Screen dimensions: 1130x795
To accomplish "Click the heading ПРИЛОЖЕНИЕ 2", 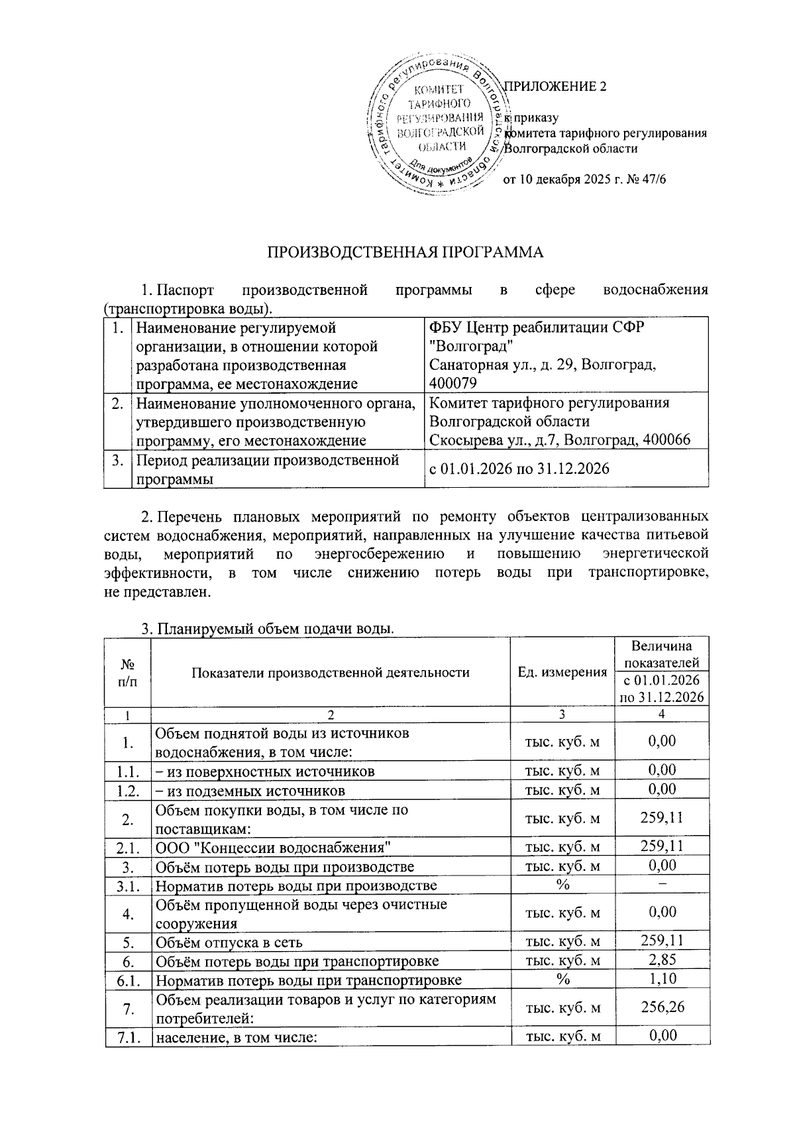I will point(556,86).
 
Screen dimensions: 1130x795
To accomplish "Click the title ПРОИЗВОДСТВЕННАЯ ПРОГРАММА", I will point(405,252).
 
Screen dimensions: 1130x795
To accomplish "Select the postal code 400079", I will point(452,383).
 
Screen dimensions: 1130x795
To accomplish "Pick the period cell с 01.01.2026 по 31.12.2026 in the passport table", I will point(519,469).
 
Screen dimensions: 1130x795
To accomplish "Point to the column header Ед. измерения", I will point(562,672).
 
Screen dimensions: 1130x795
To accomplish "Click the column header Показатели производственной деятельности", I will point(330,672).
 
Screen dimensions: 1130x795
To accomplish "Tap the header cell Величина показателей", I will point(661,653).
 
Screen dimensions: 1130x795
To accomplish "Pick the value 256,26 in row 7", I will point(662,1007).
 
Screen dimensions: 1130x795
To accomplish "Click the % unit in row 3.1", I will point(562,885).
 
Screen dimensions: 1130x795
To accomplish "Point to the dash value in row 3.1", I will point(662,885).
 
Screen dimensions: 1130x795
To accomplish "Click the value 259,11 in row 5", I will point(662,940).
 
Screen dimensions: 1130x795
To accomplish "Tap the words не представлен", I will point(158,592).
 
